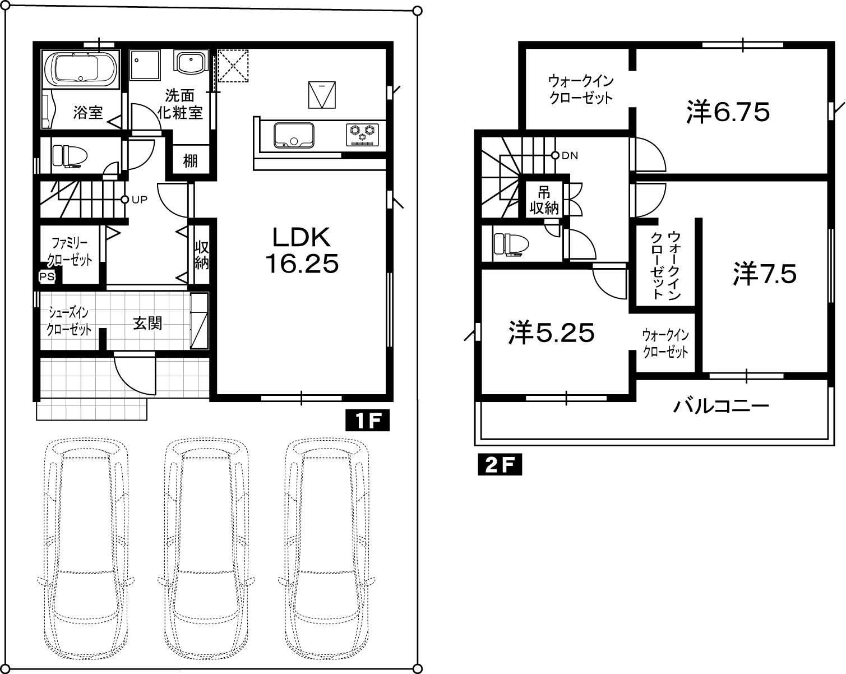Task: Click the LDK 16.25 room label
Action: point(302,251)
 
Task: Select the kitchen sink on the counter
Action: point(294,135)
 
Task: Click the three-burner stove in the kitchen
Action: point(363,135)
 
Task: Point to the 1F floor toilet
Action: point(70,156)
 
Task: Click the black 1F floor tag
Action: point(368,421)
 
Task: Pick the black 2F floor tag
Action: point(500,465)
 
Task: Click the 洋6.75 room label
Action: point(728,113)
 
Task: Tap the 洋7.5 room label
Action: point(765,274)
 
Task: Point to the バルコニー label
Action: point(721,406)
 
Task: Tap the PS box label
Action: point(47,277)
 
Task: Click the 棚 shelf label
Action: point(190,161)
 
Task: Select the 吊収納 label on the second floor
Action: point(544,200)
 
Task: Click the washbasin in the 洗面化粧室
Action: point(191,62)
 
